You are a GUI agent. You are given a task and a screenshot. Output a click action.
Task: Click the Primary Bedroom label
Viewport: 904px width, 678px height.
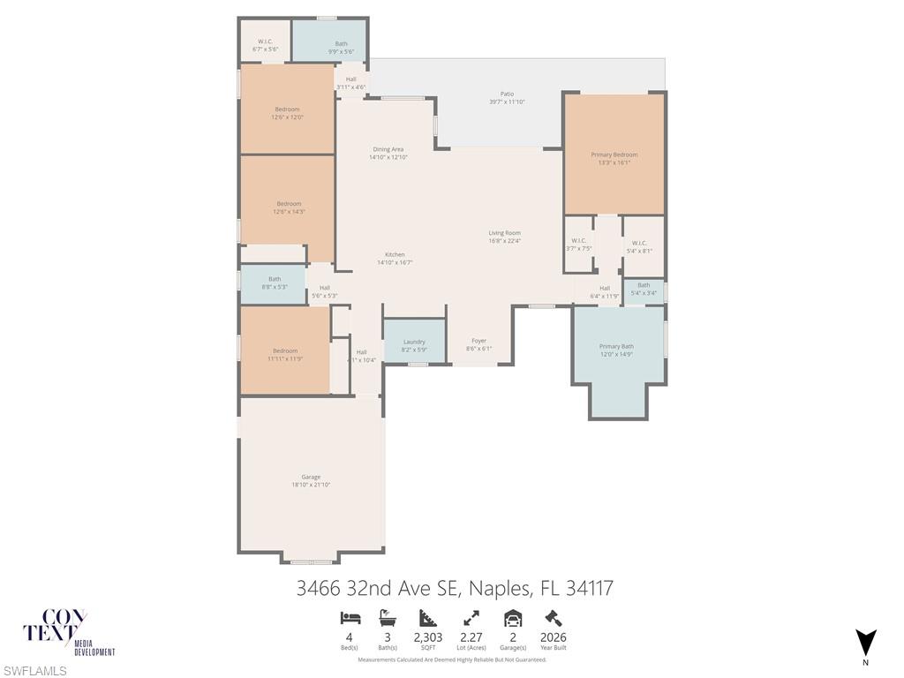pos(614,154)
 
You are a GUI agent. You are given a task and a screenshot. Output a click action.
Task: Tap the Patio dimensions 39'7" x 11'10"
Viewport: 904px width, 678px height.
pos(507,102)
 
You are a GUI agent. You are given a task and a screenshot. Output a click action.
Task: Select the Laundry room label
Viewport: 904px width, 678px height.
pos(414,342)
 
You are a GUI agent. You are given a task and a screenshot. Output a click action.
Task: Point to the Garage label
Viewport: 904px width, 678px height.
pos(311,477)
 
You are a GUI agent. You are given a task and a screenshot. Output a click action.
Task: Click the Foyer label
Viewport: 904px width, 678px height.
pos(478,341)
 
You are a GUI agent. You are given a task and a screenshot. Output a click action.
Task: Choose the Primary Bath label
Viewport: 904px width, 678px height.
pos(616,346)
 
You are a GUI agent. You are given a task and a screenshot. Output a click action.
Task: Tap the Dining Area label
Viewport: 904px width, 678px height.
pos(388,149)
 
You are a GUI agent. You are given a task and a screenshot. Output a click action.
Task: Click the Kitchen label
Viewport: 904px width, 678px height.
pos(395,254)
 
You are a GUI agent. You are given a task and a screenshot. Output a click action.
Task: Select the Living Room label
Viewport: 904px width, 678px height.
pos(505,233)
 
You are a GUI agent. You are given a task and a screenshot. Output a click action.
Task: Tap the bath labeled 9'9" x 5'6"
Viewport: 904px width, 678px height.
pos(341,43)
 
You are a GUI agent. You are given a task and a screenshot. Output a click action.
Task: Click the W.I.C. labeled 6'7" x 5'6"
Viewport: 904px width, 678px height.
pos(265,41)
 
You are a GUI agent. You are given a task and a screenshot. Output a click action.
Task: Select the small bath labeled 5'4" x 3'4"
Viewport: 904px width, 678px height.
pos(644,285)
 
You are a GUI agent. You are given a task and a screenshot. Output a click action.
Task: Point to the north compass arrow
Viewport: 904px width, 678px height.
pos(866,642)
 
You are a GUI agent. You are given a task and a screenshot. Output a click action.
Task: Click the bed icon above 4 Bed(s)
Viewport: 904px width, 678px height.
pos(350,618)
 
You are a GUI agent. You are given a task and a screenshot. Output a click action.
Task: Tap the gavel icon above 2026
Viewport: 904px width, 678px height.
pos(554,618)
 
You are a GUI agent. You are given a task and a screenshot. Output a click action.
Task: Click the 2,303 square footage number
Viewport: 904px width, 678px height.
pos(428,637)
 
